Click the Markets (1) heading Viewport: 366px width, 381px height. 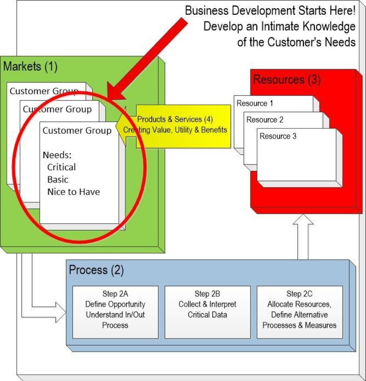30,67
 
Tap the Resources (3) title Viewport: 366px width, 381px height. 287,80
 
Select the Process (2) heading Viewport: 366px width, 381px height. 96,270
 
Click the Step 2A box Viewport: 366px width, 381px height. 115,312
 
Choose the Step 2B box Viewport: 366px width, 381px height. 207,312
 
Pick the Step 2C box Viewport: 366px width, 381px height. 300,312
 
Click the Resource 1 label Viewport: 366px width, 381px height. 255,103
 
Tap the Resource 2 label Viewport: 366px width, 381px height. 265,120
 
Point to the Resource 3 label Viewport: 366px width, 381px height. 278,136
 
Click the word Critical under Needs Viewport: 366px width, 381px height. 61,167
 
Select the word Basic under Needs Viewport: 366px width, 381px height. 58,180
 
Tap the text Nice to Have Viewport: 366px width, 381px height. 73,192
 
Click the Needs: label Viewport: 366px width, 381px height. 57,155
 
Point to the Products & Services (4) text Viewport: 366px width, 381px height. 175,119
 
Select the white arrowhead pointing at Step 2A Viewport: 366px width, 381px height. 60,312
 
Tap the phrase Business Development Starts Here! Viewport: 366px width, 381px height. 270,11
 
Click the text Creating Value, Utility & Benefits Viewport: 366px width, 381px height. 175,130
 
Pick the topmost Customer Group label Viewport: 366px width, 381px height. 44,91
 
